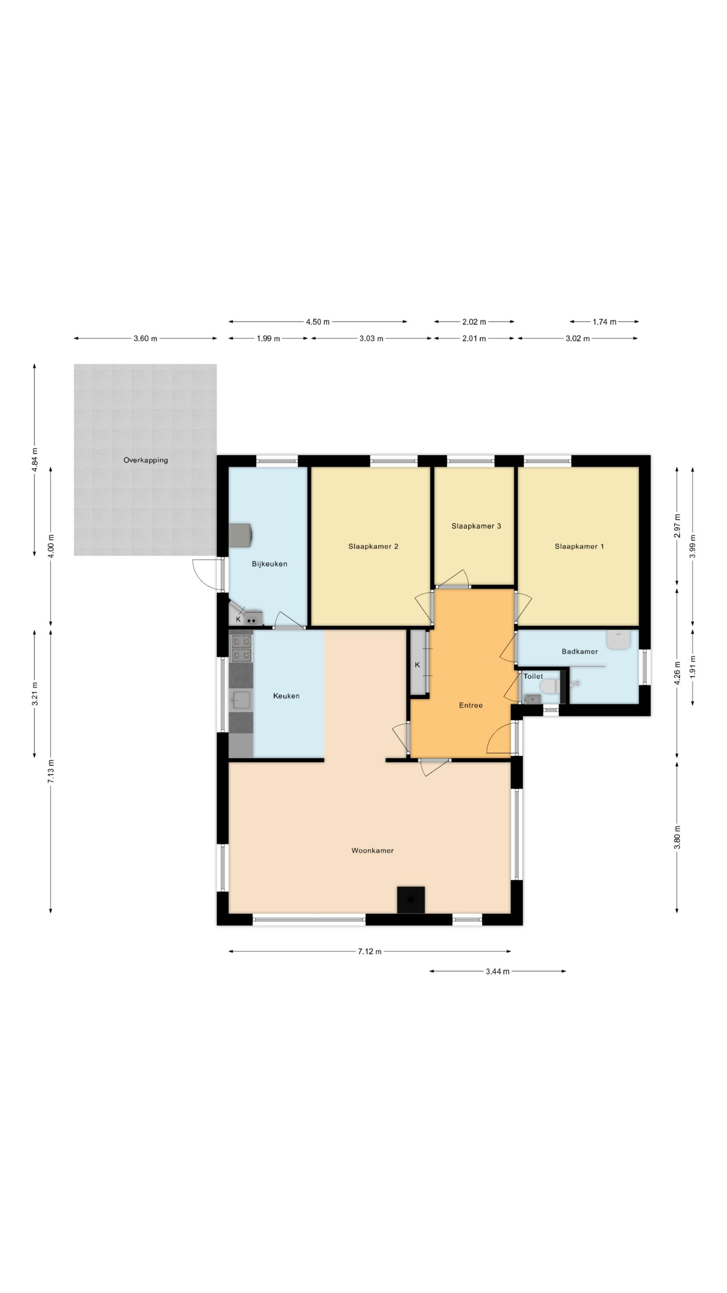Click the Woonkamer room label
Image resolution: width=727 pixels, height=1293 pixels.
(x=372, y=850)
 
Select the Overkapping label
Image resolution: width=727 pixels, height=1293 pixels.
(x=145, y=460)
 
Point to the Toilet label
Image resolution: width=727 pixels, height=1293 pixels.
(x=533, y=676)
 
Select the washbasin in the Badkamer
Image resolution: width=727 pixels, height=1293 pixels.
(x=619, y=640)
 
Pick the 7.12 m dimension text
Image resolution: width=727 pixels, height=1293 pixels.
(x=370, y=951)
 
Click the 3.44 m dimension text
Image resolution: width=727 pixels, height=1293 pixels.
(x=497, y=971)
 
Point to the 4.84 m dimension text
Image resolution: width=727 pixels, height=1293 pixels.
(x=34, y=459)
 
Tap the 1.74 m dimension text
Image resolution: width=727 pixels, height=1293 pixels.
(x=604, y=322)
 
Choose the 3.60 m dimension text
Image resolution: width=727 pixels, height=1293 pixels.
(x=145, y=338)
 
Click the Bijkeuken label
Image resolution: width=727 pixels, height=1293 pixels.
(x=269, y=564)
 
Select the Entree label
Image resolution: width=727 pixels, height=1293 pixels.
(x=471, y=705)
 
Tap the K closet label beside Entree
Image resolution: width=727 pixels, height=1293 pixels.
(x=417, y=665)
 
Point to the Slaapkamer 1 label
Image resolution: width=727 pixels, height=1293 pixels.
(x=579, y=546)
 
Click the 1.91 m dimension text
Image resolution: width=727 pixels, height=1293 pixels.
(x=693, y=666)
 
